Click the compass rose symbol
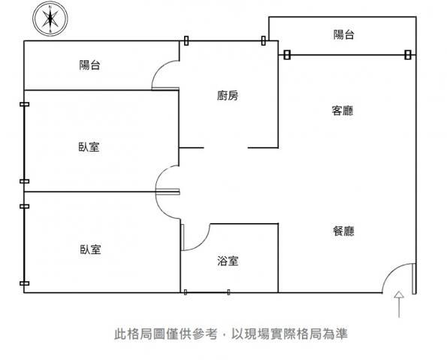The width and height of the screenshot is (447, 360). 50,19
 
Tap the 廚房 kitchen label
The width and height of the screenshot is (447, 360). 228,95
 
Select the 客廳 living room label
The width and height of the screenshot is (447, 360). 343,110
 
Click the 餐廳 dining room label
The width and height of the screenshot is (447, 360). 343,231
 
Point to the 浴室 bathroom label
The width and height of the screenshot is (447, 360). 228,261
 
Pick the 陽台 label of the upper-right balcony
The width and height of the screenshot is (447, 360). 344,35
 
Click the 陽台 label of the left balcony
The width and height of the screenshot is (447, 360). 89,65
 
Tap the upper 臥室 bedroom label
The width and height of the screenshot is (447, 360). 89,147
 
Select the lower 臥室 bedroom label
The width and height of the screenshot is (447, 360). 90,250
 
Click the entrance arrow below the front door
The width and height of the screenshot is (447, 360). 399,304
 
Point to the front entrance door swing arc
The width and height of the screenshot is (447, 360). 390,271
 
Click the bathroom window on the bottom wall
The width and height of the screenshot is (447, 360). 207,292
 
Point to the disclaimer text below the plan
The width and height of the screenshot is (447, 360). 231,334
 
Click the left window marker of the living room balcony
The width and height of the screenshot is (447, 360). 287,55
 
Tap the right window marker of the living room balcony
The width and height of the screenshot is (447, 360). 408,54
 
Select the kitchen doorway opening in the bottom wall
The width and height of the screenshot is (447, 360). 226,148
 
